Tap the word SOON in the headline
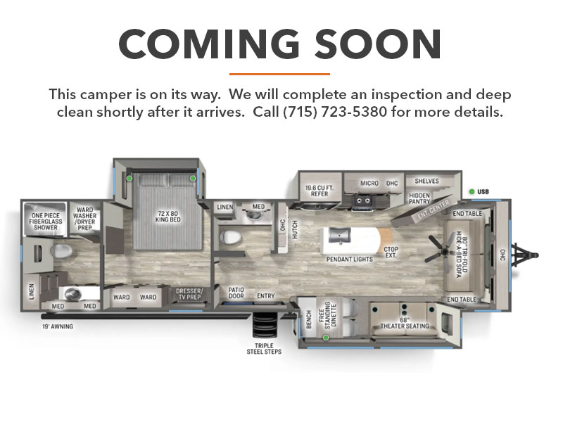[378, 44]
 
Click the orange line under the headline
[279, 74]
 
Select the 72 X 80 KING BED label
[167, 217]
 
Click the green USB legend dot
[472, 191]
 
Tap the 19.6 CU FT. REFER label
[320, 191]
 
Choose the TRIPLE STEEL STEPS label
[264, 349]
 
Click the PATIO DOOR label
[236, 293]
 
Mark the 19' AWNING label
[58, 326]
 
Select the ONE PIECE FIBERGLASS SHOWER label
[46, 222]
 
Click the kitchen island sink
[339, 236]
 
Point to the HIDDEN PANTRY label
[419, 198]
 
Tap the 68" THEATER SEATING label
[405, 323]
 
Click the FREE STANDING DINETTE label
[327, 315]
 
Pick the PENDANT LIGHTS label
[349, 259]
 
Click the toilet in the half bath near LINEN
[229, 237]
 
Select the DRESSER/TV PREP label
[189, 294]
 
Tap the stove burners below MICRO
[362, 200]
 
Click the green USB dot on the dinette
[326, 338]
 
